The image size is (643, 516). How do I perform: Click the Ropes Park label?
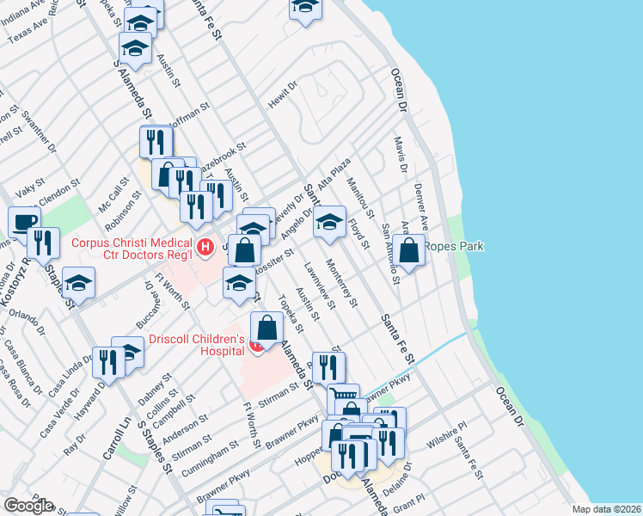[458, 246]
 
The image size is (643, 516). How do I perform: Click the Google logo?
[28, 506]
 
